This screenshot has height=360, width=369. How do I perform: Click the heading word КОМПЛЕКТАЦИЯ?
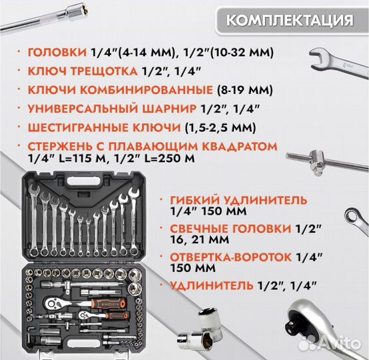tap(289, 19)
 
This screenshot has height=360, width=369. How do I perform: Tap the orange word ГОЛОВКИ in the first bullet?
tap(57, 53)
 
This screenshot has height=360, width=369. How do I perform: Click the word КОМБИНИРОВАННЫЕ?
tap(159, 90)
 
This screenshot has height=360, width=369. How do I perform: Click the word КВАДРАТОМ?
tap(220, 145)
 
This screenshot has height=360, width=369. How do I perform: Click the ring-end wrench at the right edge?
tap(356, 220)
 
